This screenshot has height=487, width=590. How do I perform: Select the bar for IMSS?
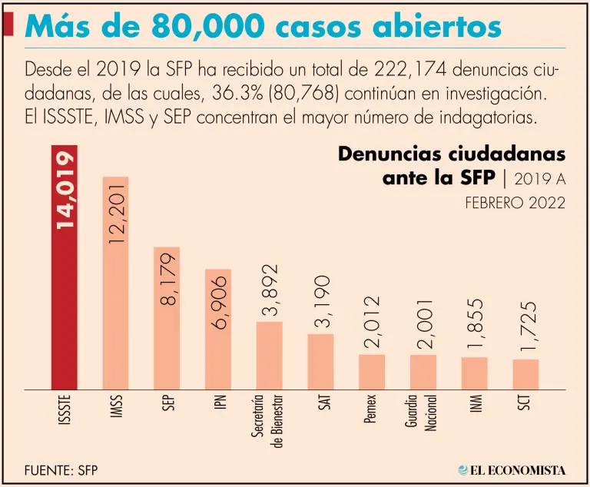tap(115, 307)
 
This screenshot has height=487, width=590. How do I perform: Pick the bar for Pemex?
tap(372, 372)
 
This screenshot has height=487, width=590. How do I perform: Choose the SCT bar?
tap(525, 374)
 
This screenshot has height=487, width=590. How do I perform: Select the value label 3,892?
tap(269, 290)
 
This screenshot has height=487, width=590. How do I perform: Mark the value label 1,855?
tap(475, 325)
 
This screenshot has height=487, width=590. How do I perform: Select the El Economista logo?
tap(512, 469)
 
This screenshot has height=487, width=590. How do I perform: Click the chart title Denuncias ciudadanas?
tap(452, 154)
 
